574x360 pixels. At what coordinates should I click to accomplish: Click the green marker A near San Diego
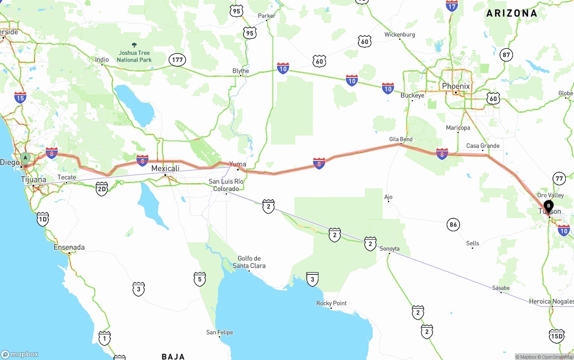(26, 158)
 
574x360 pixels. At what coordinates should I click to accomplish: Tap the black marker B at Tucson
(548, 206)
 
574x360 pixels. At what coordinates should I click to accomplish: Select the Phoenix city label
(456, 86)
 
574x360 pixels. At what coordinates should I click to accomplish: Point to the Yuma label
(238, 164)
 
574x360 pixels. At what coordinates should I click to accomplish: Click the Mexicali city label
(165, 169)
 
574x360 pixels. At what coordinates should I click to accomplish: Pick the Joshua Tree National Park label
(134, 56)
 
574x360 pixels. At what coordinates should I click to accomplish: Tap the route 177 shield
(178, 60)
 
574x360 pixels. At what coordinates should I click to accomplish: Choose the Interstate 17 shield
(452, 6)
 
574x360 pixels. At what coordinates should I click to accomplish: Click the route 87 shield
(506, 55)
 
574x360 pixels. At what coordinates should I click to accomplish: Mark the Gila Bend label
(400, 139)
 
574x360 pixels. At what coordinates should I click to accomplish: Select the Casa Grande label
(483, 146)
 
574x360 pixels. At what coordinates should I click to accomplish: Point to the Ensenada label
(69, 247)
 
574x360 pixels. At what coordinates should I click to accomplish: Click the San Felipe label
(219, 332)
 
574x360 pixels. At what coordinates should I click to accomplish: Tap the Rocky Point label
(331, 303)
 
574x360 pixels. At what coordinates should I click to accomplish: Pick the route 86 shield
(453, 225)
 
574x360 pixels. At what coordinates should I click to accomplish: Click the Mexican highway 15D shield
(556, 336)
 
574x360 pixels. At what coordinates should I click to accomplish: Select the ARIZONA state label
(512, 13)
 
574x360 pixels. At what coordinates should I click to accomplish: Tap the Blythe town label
(240, 71)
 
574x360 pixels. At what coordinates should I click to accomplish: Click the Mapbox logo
(20, 354)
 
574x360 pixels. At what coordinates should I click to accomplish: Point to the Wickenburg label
(400, 35)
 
